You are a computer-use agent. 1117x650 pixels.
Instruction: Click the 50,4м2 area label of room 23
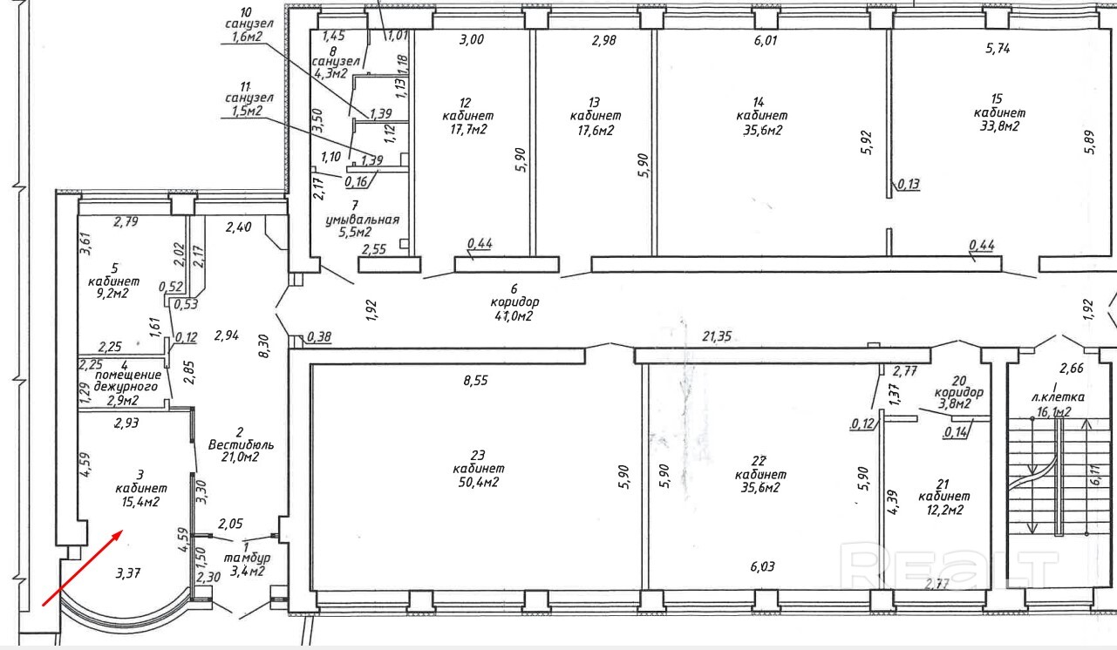click(x=478, y=483)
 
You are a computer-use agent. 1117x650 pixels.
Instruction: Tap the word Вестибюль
click(x=241, y=444)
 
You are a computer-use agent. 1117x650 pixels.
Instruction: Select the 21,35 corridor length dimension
click(x=717, y=337)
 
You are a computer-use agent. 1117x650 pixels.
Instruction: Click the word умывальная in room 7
click(x=363, y=220)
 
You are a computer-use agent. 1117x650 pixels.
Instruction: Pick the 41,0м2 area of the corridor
click(x=514, y=315)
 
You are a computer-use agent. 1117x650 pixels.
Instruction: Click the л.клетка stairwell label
click(x=1058, y=398)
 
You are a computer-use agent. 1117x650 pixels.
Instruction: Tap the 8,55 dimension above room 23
click(x=475, y=381)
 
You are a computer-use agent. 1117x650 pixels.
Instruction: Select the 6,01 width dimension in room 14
click(x=766, y=40)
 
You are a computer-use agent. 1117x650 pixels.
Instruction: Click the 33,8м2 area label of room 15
click(x=999, y=126)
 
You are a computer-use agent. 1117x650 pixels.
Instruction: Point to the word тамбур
click(x=248, y=559)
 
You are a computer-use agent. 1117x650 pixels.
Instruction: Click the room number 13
click(x=594, y=103)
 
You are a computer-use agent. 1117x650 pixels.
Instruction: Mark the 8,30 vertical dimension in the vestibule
click(x=264, y=347)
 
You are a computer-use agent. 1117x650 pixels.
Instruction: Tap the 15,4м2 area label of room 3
click(x=140, y=502)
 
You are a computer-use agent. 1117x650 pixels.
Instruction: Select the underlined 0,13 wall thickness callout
click(x=909, y=185)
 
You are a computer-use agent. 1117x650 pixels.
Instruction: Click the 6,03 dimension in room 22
click(x=762, y=566)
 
